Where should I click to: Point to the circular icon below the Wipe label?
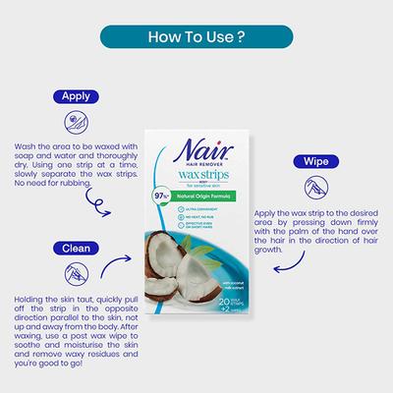(314, 184)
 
